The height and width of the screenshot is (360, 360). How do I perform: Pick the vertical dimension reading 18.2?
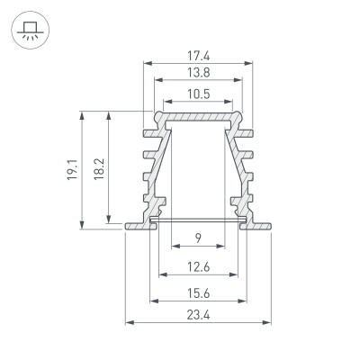click(x=97, y=166)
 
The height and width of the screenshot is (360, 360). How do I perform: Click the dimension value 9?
click(x=197, y=238)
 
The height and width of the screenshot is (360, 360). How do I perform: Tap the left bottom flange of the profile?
click(x=136, y=223)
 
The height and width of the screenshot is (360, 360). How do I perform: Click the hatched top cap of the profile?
click(x=198, y=116)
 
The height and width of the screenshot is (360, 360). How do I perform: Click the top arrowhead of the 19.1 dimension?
click(x=84, y=114)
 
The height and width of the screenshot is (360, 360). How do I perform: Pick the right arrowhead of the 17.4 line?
click(x=248, y=64)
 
